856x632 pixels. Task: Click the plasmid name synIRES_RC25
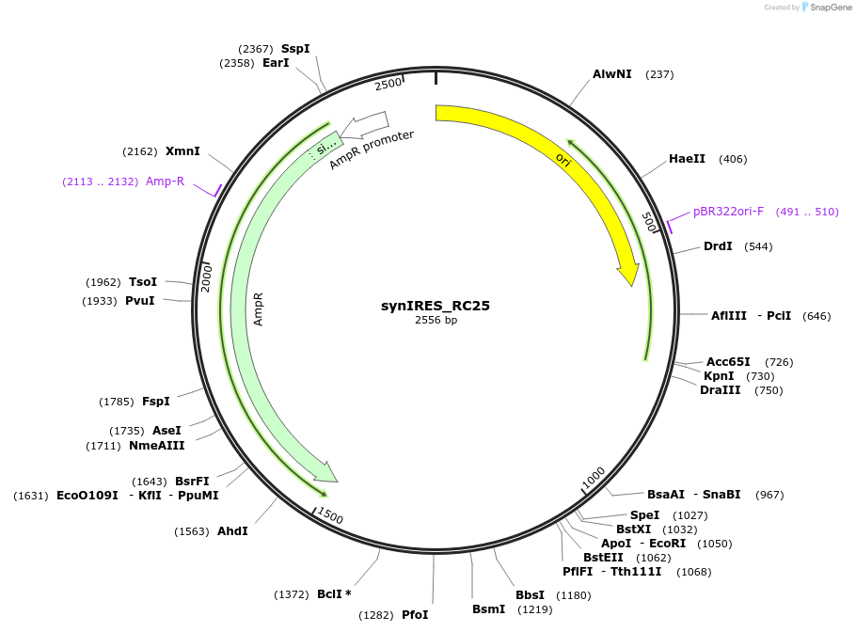coord(435,306)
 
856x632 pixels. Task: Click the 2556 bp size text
coord(436,321)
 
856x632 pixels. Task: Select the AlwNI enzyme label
coord(611,74)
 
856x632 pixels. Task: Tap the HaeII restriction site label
coord(687,159)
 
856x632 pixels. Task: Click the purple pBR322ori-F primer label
coord(728,212)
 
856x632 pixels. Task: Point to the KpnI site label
coord(719,376)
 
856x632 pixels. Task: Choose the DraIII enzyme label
coord(721,390)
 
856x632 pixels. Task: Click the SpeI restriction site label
coord(644,515)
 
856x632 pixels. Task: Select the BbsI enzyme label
coord(530,595)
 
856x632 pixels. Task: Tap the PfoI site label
coord(415,615)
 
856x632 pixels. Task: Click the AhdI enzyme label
coord(232,531)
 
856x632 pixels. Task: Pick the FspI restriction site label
coord(156,402)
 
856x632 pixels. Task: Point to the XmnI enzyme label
coord(182,151)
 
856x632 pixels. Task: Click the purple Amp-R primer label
coord(165,182)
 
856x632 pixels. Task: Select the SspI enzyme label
coord(295,49)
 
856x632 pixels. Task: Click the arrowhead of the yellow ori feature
coord(629,276)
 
